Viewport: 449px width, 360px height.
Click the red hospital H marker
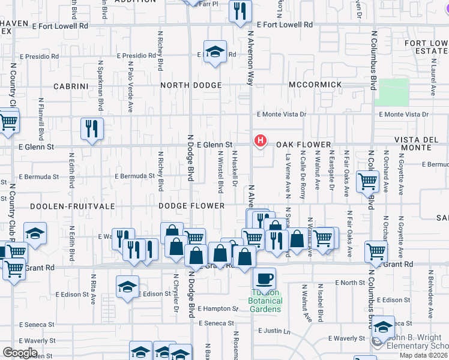[261, 141]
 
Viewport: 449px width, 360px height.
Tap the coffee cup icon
[264, 279]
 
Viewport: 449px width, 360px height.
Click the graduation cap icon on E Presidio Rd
[214, 52]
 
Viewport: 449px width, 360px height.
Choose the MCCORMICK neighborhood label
[315, 85]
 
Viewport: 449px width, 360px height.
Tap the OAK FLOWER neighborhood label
[304, 145]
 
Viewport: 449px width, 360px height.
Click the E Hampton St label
[218, 308]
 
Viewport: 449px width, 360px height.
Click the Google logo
[20, 353]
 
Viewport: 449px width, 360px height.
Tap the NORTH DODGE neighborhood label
[191, 86]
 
